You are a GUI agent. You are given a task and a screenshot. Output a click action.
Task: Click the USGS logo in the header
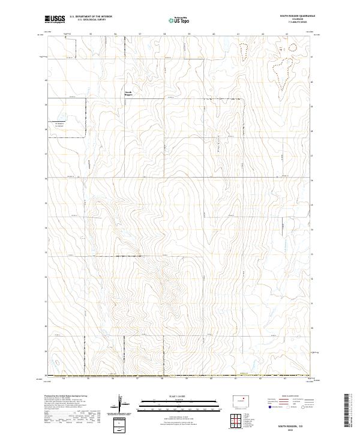coord(55,19)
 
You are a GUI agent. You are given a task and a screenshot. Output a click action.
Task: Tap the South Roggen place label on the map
coord(128,93)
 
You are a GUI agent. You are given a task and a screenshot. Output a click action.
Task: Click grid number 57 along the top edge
coord(140,34)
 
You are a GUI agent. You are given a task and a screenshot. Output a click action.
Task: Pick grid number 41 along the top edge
coord(239,34)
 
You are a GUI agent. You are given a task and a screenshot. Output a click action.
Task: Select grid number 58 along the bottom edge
coord(163,379)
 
